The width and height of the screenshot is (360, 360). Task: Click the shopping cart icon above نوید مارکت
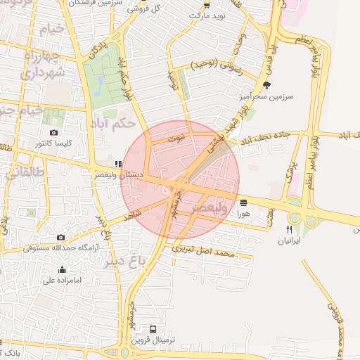point(206,4)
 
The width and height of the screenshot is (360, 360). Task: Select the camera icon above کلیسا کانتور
point(54,132)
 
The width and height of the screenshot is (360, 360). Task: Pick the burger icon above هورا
point(244,202)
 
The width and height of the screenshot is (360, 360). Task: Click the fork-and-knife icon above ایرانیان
point(289,230)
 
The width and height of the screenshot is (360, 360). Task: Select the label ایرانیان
point(287,240)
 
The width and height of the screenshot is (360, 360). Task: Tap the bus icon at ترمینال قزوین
point(153,328)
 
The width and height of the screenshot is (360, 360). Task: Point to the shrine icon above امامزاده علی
point(62,269)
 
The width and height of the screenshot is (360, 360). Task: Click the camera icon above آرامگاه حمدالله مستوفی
point(61,238)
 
